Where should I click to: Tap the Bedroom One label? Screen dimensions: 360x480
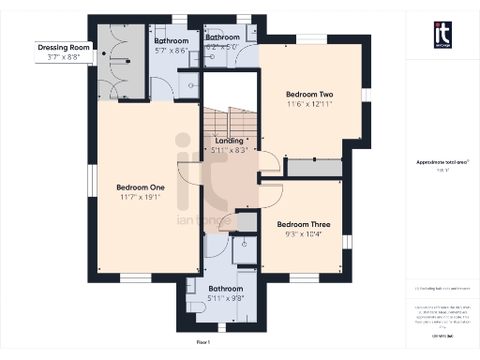point(141,187)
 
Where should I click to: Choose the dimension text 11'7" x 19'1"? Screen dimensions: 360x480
point(141,198)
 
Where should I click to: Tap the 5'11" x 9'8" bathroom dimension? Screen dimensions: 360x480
point(226,299)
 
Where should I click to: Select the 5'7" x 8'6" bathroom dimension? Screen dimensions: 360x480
point(172,52)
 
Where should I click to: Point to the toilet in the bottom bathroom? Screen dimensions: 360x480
point(193,290)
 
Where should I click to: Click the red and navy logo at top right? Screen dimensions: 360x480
point(442,34)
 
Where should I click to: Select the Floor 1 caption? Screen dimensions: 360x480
point(217,326)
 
